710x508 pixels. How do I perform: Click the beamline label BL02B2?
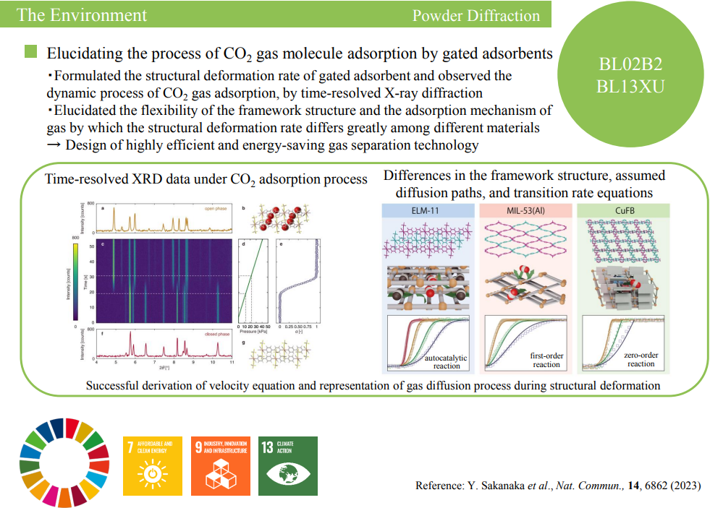631,64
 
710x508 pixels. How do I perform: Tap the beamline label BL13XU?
631,87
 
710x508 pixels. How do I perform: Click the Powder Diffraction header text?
476,15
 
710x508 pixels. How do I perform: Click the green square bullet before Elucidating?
31,53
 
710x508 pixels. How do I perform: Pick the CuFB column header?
621,210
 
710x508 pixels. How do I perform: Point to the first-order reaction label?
546,360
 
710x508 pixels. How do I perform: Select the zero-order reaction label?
641,360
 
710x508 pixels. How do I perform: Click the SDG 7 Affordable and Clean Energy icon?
153,464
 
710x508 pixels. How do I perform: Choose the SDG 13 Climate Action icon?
287,464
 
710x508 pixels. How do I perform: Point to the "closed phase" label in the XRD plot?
217,335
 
